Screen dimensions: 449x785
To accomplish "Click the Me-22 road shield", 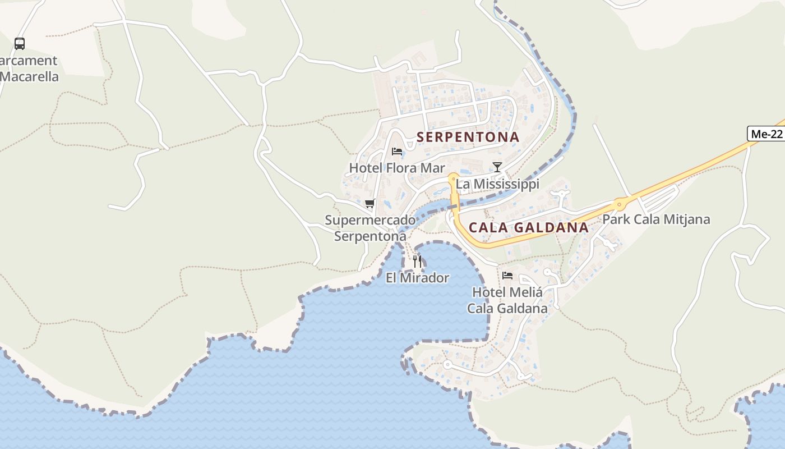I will pos(766,134).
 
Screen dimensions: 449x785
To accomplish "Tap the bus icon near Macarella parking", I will pos(20,43).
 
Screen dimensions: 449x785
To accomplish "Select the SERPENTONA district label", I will pos(468,137).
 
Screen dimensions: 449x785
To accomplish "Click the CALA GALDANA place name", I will pos(529,227).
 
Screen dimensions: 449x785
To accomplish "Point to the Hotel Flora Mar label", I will pos(397,168).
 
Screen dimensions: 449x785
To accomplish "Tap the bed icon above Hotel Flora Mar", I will pos(397,152).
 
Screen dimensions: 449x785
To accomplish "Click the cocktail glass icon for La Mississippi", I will pos(497,167).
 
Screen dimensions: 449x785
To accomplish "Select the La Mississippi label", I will pos(497,184).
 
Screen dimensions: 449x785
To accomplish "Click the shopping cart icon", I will pos(370,203).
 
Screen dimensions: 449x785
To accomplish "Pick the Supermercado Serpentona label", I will pos(370,228).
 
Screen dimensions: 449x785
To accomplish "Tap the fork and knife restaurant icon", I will pos(417,261).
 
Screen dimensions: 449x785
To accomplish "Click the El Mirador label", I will pos(417,278).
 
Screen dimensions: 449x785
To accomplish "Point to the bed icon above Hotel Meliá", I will pos(507,275).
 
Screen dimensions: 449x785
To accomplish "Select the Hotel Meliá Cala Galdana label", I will pos(507,300).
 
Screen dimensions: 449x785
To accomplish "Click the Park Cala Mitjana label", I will pos(656,219).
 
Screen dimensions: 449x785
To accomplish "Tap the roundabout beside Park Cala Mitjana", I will pos(620,205).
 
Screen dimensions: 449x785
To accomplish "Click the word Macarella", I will pos(30,77).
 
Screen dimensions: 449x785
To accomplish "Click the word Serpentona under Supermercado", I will pos(370,236).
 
